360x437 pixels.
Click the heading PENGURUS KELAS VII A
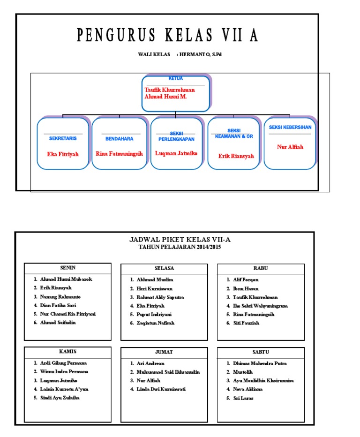(167, 35)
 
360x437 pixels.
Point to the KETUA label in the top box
(175, 79)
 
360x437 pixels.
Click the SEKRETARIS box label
(63, 139)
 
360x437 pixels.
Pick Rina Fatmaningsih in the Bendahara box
(119, 153)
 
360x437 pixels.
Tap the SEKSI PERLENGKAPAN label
(176, 136)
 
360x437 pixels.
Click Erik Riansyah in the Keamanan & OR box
(236, 156)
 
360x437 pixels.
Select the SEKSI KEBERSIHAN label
(290, 127)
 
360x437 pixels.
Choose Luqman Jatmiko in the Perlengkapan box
(176, 153)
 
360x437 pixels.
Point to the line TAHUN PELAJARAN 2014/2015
(180, 247)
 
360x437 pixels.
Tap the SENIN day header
(68, 268)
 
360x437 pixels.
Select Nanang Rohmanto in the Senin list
(60, 297)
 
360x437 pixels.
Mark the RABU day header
(261, 268)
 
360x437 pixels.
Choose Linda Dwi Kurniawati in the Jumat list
(161, 389)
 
